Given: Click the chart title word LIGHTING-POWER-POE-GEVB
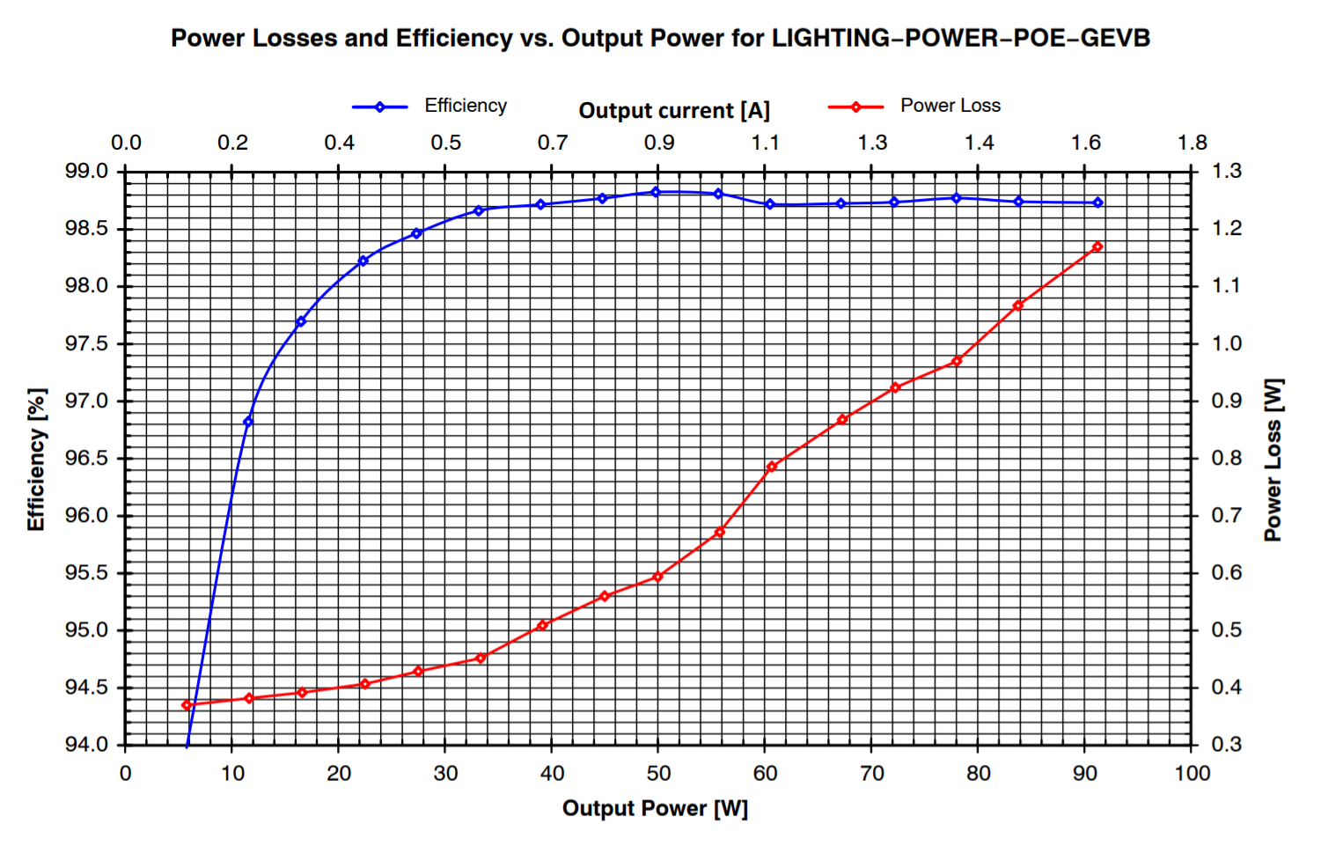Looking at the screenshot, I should pyautogui.click(x=960, y=39).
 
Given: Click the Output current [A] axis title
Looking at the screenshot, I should pyautogui.click(x=674, y=111).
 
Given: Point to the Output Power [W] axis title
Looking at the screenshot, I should pyautogui.click(x=655, y=808).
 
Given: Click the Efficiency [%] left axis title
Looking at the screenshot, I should pyautogui.click(x=35, y=460).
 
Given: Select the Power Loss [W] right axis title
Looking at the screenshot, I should pyautogui.click(x=1273, y=460).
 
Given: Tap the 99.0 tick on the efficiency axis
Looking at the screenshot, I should pyautogui.click(x=86, y=171).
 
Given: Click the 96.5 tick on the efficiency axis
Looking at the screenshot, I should pyautogui.click(x=86, y=459).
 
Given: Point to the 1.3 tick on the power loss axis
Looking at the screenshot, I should pyautogui.click(x=1226, y=171).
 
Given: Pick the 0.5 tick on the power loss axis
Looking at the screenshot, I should pyautogui.click(x=1226, y=630).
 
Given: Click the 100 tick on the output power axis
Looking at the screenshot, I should pyautogui.click(x=1192, y=774).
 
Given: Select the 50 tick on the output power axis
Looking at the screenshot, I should pyautogui.click(x=658, y=774).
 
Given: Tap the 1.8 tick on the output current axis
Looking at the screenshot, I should pyautogui.click(x=1193, y=143).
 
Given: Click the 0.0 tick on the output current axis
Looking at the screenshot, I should pyautogui.click(x=126, y=143).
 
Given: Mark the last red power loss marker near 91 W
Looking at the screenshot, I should pyautogui.click(x=1097, y=247).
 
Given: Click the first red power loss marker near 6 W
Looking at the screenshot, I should pyautogui.click(x=187, y=705).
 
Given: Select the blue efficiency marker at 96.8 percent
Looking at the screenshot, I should pyautogui.click(x=248, y=422).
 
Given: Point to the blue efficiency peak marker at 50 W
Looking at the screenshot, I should pyautogui.click(x=656, y=192).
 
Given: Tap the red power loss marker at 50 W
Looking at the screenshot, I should pyautogui.click(x=657, y=577).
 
